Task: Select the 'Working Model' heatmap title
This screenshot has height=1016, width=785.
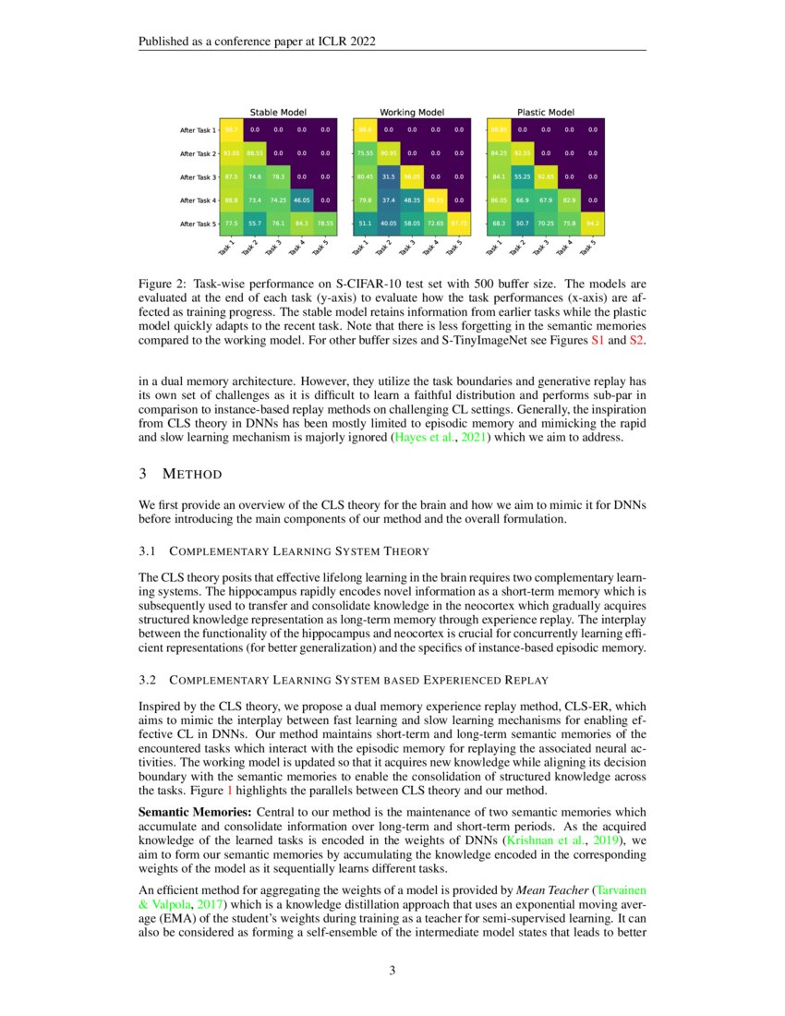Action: (412, 112)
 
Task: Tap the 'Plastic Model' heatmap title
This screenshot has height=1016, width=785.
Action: (545, 112)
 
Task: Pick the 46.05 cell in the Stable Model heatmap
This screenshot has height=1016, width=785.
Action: (301, 200)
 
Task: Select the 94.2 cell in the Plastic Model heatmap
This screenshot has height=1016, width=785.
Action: (593, 223)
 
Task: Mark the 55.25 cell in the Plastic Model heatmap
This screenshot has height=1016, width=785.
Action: (523, 176)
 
